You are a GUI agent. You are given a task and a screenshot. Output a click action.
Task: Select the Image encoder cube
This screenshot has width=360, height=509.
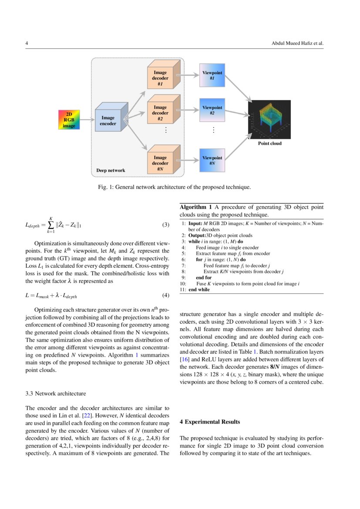[110, 118]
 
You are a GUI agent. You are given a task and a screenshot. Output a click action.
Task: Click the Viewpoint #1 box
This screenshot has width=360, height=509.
[212, 75]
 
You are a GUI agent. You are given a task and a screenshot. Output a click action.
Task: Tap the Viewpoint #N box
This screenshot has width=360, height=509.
[212, 160]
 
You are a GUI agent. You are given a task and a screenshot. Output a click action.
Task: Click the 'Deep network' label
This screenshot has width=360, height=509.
[111, 170]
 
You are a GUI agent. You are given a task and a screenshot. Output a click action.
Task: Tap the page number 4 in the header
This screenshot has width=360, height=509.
[27, 44]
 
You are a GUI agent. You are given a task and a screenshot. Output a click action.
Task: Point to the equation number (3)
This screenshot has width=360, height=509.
[165, 225]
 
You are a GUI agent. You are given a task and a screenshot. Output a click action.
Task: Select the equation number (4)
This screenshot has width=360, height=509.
[165, 296]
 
